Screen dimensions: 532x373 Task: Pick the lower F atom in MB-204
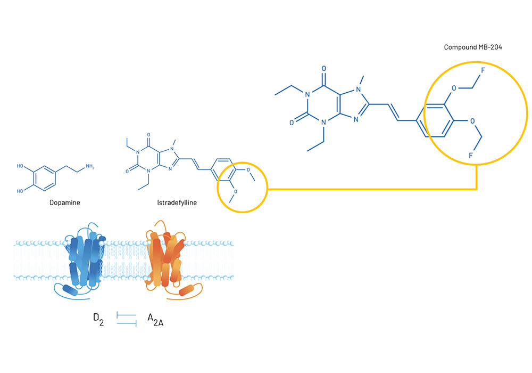tap(470, 155)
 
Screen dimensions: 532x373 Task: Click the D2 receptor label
tap(98, 319)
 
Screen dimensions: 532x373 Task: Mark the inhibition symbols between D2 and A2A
tap(127, 320)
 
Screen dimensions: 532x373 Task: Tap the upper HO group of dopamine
tap(20, 166)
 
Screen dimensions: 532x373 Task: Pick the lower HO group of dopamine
tap(20, 189)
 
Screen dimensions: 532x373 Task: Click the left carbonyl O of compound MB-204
tap(292, 122)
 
